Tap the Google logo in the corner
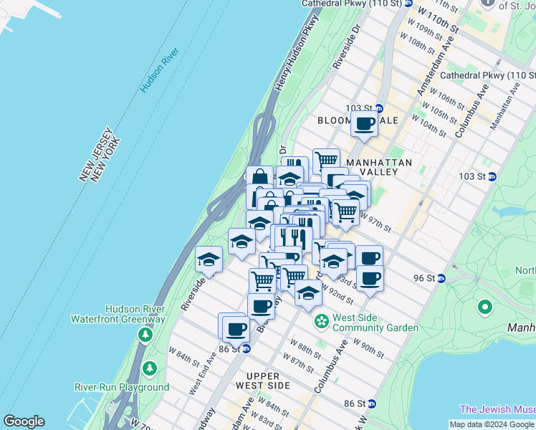coord(23,421)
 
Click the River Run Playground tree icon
coord(149,369)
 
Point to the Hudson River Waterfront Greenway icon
coord(146,334)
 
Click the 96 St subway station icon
coord(441,278)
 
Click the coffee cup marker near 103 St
coord(365,123)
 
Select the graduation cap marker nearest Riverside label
coord(209,259)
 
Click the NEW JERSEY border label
coord(93,152)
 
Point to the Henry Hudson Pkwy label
coord(295,54)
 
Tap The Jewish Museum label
coord(497,409)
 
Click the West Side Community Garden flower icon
coord(322,322)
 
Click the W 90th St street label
coord(368,347)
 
